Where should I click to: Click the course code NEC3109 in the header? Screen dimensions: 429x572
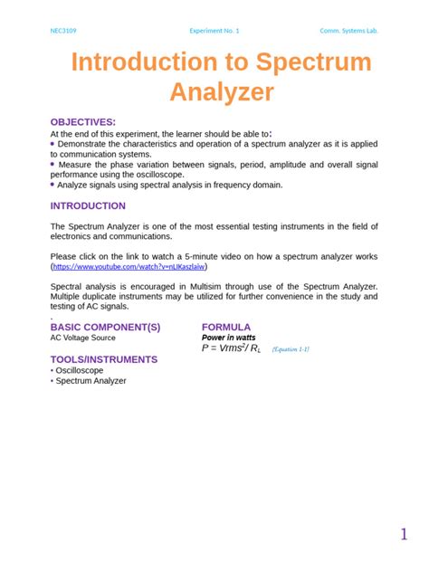click(62, 31)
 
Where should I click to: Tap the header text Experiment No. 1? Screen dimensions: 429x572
click(214, 31)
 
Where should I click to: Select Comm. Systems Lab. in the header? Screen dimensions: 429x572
click(349, 31)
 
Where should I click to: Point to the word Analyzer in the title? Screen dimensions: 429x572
click(222, 91)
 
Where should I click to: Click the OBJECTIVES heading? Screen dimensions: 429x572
click(82, 121)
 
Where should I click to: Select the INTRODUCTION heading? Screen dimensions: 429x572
click(88, 205)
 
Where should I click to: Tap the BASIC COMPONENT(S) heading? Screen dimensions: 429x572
click(105, 327)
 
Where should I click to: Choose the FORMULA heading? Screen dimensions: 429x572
click(226, 327)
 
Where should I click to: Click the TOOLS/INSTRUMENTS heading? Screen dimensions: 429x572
click(103, 359)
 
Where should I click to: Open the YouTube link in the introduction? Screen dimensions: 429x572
click(129, 268)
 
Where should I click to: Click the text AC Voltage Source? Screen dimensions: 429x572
click(82, 338)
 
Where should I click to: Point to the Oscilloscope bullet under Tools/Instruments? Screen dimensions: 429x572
click(80, 370)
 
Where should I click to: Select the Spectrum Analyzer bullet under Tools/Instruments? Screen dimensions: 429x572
click(91, 381)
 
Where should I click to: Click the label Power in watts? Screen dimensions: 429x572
click(228, 338)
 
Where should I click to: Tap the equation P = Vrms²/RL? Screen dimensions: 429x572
click(231, 348)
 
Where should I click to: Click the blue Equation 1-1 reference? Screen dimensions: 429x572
click(291, 349)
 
